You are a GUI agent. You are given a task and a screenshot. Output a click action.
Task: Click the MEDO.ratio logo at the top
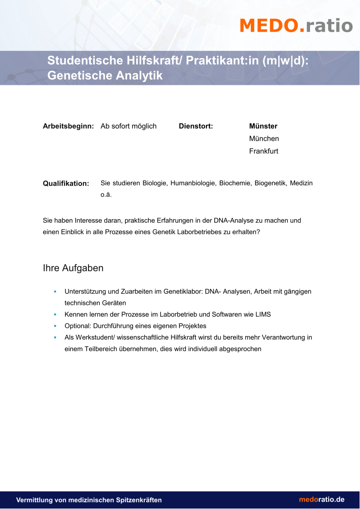[296, 25]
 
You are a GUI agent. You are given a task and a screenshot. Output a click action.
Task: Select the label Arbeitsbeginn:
[68, 126]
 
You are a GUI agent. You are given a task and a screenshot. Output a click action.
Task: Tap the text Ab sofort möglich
[128, 126]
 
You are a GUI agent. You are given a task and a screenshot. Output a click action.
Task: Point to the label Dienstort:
[196, 126]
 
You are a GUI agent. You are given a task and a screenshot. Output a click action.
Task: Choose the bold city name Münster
[263, 126]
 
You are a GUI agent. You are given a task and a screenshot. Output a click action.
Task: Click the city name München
[264, 138]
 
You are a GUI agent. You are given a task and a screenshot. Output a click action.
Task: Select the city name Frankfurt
[263, 151]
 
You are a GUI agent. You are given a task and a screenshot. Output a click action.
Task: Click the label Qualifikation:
[66, 184]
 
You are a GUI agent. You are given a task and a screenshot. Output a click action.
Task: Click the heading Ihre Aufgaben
[73, 268]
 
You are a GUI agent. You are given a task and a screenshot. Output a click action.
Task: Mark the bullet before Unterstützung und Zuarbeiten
[55, 291]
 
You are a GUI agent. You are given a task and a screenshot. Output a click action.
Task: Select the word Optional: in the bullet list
[78, 326]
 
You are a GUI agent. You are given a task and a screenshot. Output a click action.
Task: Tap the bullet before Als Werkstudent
[55, 338]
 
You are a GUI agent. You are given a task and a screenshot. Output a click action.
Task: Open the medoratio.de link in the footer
[321, 499]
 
